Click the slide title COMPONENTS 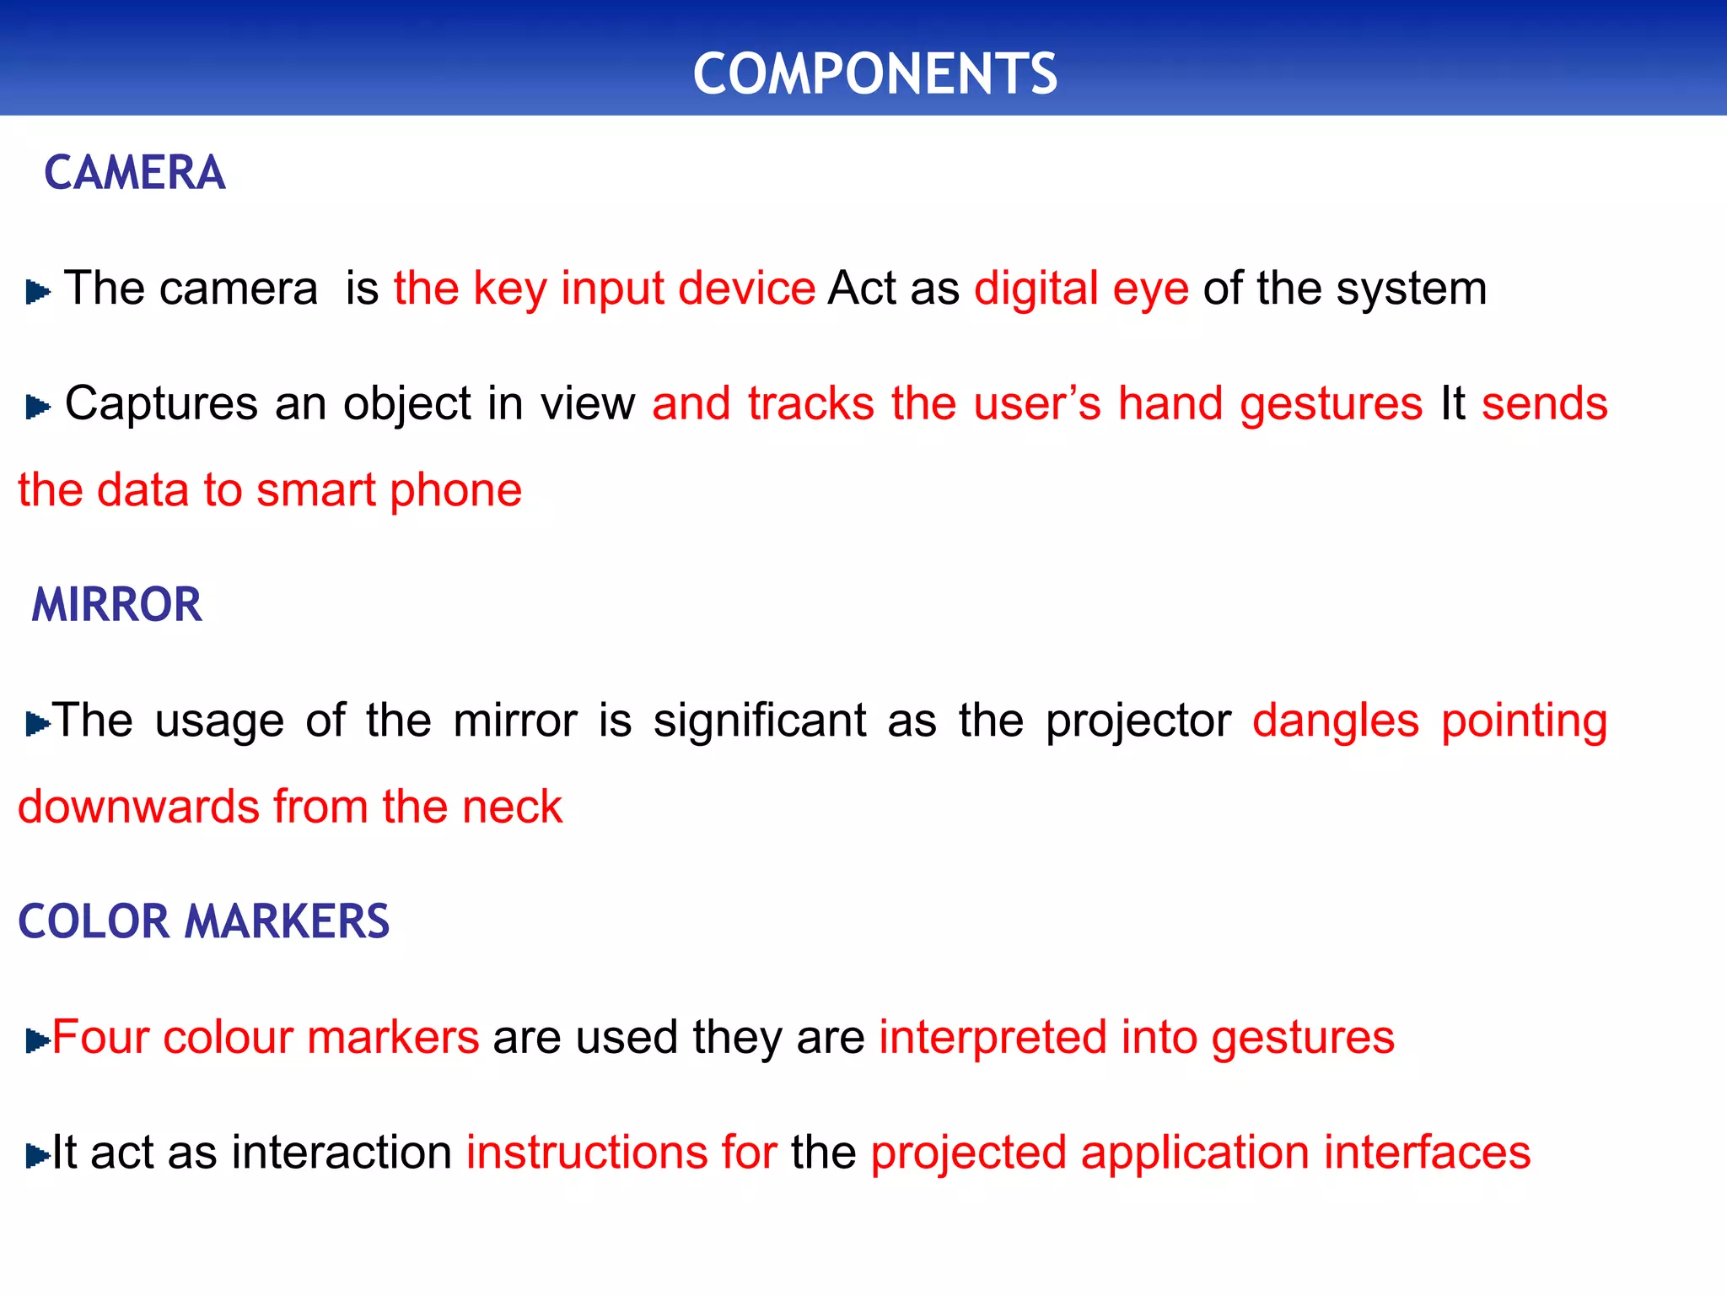click(874, 73)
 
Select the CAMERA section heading click(135, 173)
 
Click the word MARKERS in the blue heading click(287, 921)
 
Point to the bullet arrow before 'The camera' click(38, 292)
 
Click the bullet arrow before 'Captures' click(38, 407)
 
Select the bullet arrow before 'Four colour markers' click(38, 1040)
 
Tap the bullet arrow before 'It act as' click(38, 1155)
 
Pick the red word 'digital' click(1036, 289)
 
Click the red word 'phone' click(455, 490)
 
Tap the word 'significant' click(760, 721)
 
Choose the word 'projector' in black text click(1138, 721)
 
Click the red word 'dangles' click(1335, 721)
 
